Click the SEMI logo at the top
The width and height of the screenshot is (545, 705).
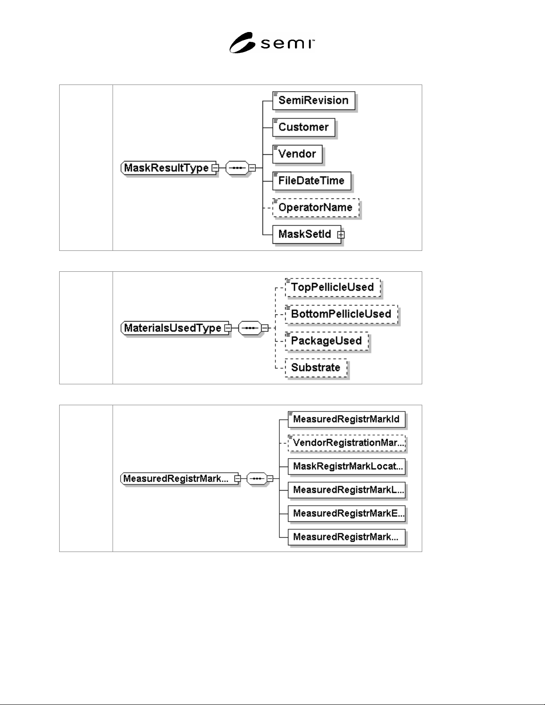(272, 43)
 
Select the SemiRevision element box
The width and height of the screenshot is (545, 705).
(314, 101)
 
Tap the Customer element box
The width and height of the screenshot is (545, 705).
(303, 128)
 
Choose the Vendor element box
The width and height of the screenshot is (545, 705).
(298, 154)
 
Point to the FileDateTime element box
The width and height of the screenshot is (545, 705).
(312, 181)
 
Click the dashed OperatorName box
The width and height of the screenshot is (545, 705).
(316, 208)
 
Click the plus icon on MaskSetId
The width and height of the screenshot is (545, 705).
(341, 234)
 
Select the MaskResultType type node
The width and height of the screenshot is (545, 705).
(168, 168)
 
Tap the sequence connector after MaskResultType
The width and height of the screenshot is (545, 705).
(237, 168)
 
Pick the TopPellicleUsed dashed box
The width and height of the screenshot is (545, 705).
(333, 287)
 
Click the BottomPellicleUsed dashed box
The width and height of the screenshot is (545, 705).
(342, 314)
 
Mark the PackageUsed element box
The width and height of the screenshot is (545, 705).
(327, 341)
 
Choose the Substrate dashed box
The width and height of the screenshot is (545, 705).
(316, 368)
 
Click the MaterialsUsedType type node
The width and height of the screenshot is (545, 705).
(175, 328)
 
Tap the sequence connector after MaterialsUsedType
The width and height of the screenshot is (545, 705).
(250, 328)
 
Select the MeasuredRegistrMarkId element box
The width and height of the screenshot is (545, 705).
(347, 419)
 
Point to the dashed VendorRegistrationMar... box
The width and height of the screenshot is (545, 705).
(347, 443)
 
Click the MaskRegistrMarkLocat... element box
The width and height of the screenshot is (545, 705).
(347, 467)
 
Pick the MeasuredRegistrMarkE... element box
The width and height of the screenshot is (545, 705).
(347, 514)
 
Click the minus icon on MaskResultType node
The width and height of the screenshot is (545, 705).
(215, 168)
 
